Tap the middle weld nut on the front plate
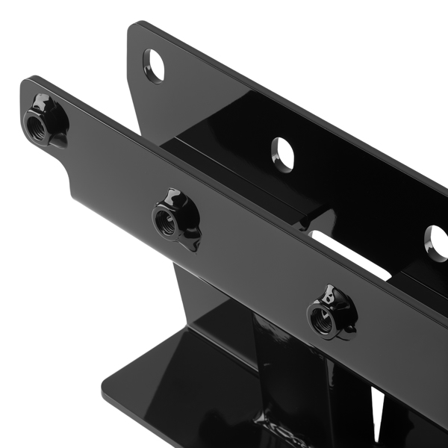[x=171, y=219]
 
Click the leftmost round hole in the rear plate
[x=155, y=64]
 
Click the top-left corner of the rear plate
[x=134, y=30]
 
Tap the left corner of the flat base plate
[x=105, y=391]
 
